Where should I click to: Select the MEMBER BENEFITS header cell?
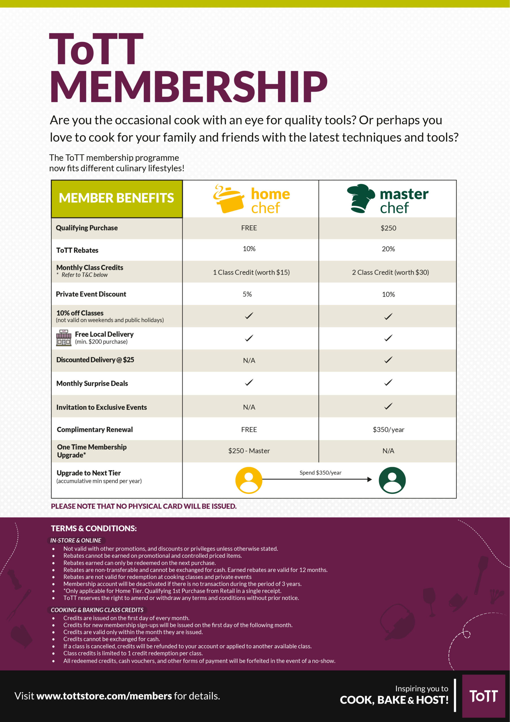[117, 199]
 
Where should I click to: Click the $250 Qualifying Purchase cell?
[388, 228]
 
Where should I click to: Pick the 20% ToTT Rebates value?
[388, 249]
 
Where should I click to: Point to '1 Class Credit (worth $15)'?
[251, 272]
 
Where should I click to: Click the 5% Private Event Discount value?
[247, 294]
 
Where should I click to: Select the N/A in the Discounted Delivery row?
[249, 361]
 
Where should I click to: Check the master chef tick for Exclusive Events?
[388, 406]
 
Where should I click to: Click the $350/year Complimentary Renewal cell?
[388, 430]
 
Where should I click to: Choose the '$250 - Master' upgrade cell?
[249, 451]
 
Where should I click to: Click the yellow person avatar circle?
[249, 480]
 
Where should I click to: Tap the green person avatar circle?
[392, 480]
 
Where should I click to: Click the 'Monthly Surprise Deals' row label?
[92, 383]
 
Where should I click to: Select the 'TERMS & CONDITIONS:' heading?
[94, 528]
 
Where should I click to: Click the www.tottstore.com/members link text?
[104, 696]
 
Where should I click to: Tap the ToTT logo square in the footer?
[483, 696]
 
